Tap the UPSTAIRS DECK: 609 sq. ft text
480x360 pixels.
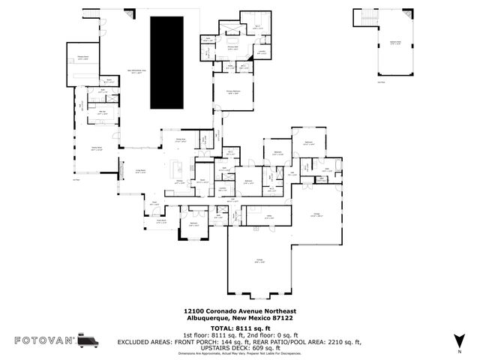click(x=239, y=347)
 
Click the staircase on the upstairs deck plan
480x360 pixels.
click(x=368, y=19)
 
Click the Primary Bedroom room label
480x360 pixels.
click(x=232, y=92)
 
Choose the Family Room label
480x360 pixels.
click(x=97, y=149)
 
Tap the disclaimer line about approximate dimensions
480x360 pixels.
click(x=239, y=354)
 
